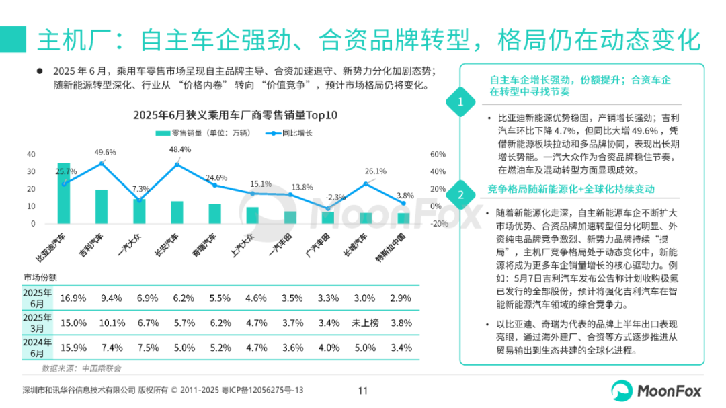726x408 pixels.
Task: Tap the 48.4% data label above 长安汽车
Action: pyautogui.click(x=180, y=149)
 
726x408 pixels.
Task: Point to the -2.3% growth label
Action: pyautogui.click(x=335, y=197)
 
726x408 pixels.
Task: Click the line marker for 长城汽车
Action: pyautogui.click(x=366, y=183)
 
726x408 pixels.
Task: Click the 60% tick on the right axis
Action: pyautogui.click(x=438, y=154)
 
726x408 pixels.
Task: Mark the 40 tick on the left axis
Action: pyautogui.click(x=31, y=154)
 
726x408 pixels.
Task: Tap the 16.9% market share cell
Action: pyautogui.click(x=73, y=297)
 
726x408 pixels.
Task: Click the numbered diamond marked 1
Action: pyautogui.click(x=460, y=102)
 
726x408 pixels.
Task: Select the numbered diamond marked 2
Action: pyautogui.click(x=460, y=196)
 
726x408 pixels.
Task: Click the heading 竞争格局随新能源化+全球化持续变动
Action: pyautogui.click(x=571, y=189)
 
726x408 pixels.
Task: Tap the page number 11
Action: pyautogui.click(x=363, y=391)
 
